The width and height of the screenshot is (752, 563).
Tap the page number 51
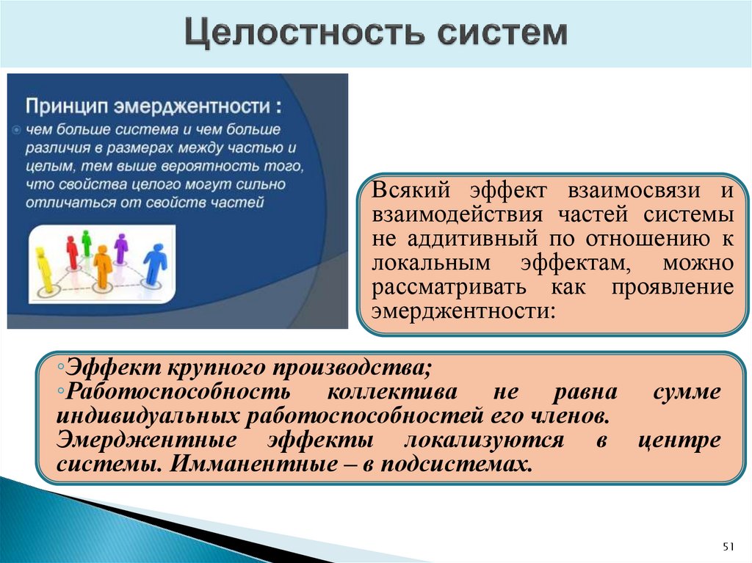(728, 546)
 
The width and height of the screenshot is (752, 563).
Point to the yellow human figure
(43, 269)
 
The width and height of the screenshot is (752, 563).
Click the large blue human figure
(155, 264)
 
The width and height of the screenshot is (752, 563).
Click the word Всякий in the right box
(408, 191)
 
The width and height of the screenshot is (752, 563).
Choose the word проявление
(671, 287)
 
